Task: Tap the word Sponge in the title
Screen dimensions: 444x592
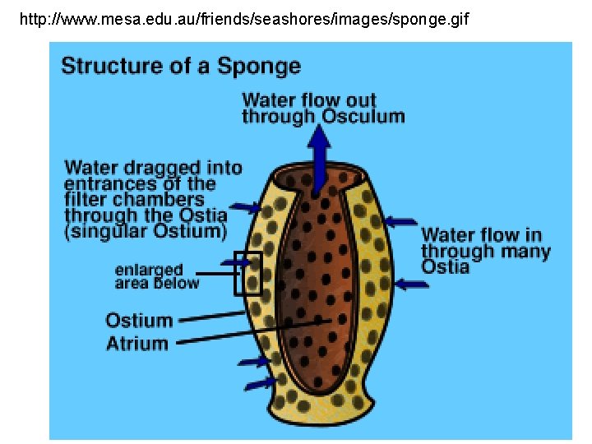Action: [x=259, y=67]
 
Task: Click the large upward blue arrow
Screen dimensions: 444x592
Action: [x=320, y=155]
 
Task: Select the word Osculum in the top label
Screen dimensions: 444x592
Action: [x=363, y=116]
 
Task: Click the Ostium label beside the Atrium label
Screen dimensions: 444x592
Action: [x=139, y=321]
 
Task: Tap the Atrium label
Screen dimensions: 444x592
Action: [x=136, y=344]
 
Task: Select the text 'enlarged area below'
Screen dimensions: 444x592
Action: [x=156, y=276]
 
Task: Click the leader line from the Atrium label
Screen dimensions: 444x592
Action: [x=255, y=331]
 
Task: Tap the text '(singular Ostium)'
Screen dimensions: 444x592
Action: [x=145, y=231]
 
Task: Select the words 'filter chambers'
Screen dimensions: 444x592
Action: [x=134, y=200]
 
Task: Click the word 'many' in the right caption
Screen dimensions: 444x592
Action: [x=524, y=251]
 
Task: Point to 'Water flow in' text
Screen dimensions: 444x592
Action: [x=481, y=235]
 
